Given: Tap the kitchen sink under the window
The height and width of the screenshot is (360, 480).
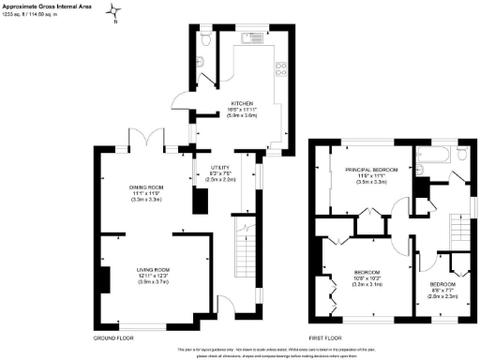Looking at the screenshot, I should click(249, 40).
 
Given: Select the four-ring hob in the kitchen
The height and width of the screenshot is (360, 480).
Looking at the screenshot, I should click(281, 68).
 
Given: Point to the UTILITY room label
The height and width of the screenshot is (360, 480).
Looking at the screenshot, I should click(217, 170).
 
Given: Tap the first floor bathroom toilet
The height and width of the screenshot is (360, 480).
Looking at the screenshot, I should click(421, 170).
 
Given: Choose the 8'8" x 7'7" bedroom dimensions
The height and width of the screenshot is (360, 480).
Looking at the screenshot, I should click(443, 292).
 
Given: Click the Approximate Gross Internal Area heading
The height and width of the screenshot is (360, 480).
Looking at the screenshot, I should click(47, 6).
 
